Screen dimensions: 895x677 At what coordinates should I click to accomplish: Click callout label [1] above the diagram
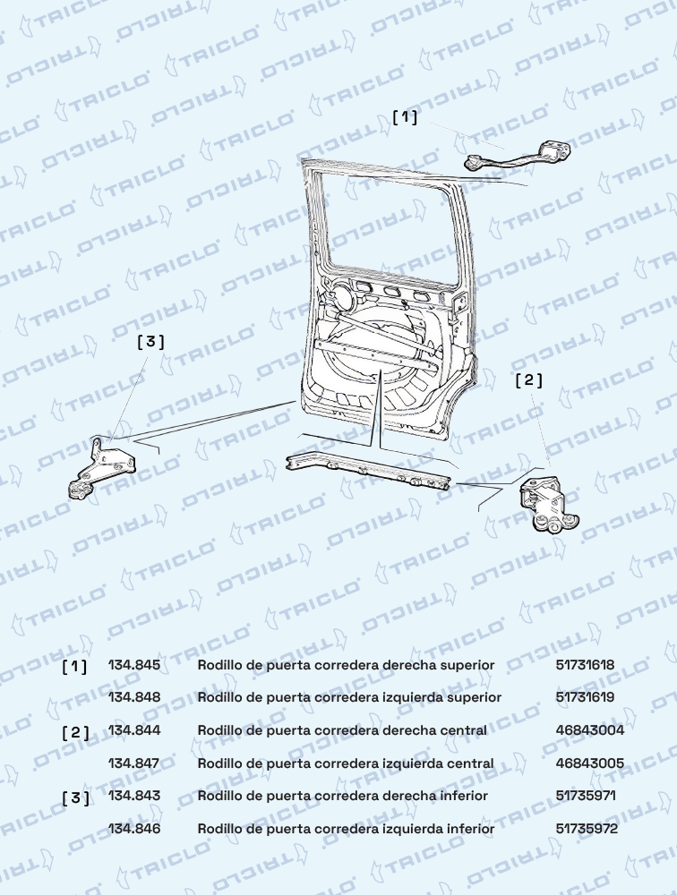(x=405, y=117)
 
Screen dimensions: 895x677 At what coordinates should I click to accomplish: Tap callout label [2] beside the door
(x=528, y=379)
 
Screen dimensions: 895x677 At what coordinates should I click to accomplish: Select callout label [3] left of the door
(x=150, y=341)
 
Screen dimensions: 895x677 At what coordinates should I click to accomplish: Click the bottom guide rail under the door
(x=368, y=470)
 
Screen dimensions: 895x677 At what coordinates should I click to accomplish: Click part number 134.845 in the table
(x=134, y=665)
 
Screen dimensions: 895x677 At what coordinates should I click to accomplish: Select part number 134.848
(x=134, y=697)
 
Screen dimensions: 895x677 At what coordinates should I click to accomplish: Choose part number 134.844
(x=134, y=730)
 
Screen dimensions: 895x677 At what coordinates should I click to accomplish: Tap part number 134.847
(x=134, y=763)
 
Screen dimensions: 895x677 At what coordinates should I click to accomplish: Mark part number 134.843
(x=134, y=796)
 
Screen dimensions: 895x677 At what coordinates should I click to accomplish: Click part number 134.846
(x=134, y=829)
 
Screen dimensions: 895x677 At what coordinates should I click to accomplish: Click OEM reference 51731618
(x=586, y=665)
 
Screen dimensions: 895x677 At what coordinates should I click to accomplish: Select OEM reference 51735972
(x=587, y=829)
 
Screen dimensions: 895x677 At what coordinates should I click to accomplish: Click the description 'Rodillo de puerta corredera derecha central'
(x=342, y=730)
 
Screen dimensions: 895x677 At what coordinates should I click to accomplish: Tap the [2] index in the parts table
(x=76, y=732)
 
